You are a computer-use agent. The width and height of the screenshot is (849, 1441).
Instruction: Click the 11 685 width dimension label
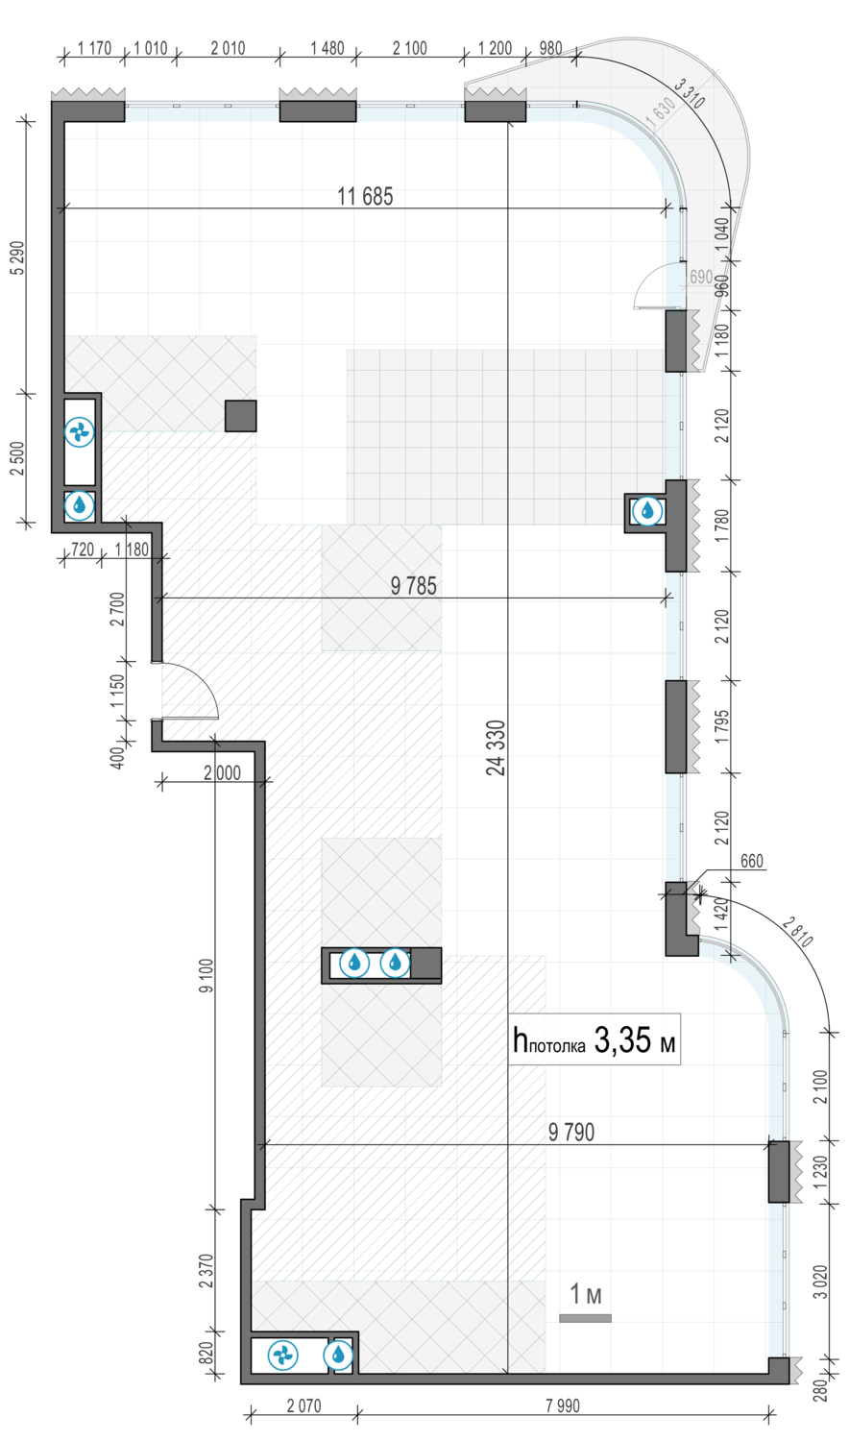365,196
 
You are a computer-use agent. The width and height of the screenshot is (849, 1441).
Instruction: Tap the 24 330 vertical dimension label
496,747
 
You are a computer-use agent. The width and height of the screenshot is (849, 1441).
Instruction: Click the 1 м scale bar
585,1318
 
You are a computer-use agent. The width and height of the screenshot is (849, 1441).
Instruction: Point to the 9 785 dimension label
414,586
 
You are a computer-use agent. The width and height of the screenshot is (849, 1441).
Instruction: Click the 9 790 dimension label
571,1133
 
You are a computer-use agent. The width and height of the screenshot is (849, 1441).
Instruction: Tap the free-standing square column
240,416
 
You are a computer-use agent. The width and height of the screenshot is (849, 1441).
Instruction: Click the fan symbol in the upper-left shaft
79,431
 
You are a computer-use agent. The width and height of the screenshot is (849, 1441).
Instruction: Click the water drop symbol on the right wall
647,512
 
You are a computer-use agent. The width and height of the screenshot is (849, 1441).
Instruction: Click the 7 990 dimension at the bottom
563,1406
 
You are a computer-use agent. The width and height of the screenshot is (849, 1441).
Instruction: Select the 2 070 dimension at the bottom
303,1406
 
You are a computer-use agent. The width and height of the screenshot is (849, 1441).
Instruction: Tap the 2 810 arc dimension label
798,932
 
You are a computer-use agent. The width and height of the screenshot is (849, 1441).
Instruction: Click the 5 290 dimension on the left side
18,258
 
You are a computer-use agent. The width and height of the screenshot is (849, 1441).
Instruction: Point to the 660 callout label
752,862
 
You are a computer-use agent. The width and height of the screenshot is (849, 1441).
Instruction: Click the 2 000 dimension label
223,772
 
